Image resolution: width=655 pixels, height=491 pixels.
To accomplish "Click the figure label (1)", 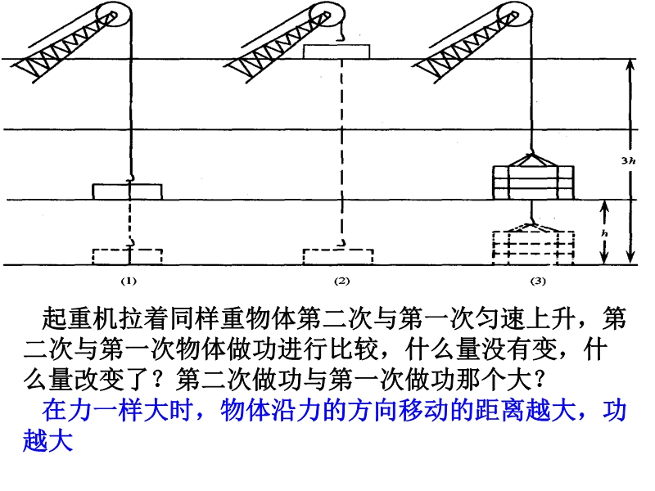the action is (129, 281).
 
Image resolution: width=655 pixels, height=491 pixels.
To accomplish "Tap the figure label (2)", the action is (341, 281).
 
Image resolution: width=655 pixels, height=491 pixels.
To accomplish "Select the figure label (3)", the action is (538, 281).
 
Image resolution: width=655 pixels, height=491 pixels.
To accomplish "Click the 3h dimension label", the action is (628, 160).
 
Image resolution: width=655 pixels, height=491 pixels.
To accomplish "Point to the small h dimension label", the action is (604, 233).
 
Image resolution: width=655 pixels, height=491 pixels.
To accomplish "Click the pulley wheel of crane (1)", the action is (114, 16).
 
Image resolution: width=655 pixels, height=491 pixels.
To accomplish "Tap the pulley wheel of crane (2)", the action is (326, 16).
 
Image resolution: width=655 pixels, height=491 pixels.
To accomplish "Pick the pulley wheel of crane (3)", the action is (515, 16).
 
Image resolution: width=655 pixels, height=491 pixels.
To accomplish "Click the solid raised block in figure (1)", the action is (128, 191).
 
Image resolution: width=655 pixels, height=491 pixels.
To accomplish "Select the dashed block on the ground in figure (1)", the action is (128, 257).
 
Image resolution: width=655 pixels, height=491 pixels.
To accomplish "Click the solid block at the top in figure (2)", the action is (337, 52).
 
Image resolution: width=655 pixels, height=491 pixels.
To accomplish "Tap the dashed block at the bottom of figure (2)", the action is (338, 257).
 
